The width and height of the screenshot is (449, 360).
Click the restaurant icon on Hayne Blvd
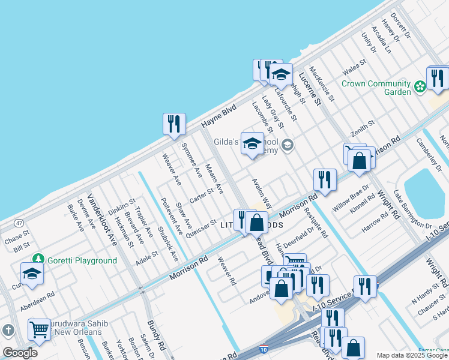174,124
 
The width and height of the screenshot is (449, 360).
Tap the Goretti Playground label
83,260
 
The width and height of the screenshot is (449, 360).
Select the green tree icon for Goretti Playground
39,259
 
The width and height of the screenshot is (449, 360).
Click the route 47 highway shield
20,223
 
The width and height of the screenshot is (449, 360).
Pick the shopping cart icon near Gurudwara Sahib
39,329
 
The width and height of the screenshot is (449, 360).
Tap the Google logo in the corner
19,353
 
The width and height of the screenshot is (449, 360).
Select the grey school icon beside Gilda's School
288,145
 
